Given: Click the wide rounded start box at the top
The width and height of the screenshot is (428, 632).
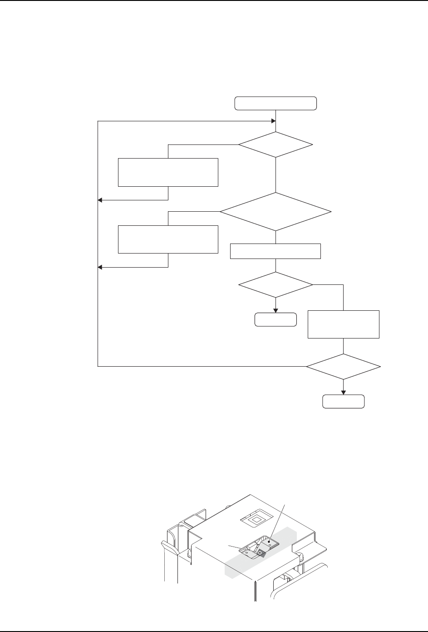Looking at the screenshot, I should pos(275,103).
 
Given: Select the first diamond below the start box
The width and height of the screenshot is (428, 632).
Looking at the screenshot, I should pos(275,145).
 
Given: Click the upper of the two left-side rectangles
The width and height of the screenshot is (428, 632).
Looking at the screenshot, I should pos(168,172).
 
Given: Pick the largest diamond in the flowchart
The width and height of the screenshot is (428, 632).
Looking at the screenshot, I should pos(275,212).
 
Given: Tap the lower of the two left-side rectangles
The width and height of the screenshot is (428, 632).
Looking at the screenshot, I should pos(168,239).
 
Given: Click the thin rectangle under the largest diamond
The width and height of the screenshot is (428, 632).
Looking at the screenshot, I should pos(275,251).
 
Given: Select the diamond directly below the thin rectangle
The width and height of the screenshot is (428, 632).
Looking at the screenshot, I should pos(275,285).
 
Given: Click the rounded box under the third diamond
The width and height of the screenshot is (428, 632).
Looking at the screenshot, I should pos(275,320).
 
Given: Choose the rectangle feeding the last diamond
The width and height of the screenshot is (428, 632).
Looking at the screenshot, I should pos(343,324).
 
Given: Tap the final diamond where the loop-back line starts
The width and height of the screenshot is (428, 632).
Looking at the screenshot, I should pos(343,366).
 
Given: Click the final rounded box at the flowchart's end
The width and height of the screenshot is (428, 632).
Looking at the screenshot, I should pos(343,402).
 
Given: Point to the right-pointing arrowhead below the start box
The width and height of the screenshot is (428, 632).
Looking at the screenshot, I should pos(274,121).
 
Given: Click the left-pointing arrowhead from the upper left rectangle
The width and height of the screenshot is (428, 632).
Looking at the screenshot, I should pos(100,200).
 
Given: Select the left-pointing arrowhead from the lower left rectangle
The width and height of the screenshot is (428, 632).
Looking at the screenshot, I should pos(100,267).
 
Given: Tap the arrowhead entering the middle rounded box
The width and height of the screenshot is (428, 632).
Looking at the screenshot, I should pos(275,310).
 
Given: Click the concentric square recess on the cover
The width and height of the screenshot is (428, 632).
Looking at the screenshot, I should pos(256,518).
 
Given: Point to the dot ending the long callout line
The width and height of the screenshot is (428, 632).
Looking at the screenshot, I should pos(269,541).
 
